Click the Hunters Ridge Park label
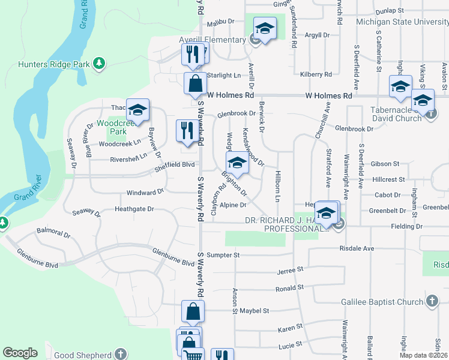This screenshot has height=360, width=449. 55,64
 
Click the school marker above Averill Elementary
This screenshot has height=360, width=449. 264,28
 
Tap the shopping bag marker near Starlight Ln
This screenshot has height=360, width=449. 196,84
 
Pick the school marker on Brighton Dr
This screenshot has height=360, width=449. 237,163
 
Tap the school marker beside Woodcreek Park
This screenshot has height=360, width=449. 137,111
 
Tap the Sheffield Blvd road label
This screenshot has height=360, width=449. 177,164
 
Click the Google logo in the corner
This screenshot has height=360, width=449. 20,353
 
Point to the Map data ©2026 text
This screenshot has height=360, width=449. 423,355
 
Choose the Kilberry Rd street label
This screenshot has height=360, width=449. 316,74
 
